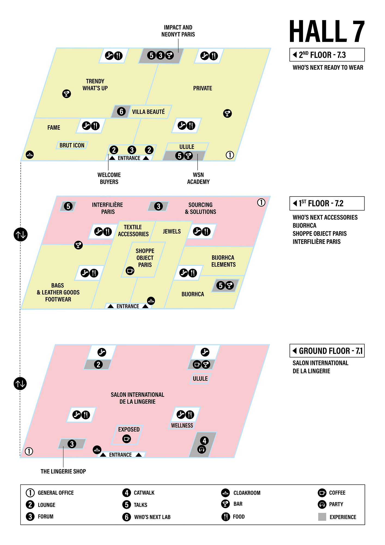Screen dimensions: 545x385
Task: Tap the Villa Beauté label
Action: tap(148, 112)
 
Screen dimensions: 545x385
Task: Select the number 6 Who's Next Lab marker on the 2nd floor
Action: tap(121, 111)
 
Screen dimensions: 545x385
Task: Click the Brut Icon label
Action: tap(72, 145)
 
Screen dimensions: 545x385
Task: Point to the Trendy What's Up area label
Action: tap(95, 85)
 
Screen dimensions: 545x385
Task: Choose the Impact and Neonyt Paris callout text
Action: tap(178, 31)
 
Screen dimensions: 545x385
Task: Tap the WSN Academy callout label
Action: tap(198, 178)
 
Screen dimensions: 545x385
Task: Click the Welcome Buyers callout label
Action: tap(109, 178)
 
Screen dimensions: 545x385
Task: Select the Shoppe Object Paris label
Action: tap(145, 258)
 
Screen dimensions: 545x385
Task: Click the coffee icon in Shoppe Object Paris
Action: tap(130, 271)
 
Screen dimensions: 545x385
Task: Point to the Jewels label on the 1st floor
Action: tap(172, 231)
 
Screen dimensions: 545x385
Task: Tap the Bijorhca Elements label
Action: tap(223, 261)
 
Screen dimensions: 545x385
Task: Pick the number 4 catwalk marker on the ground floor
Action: tap(204, 441)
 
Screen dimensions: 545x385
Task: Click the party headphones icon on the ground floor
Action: tap(202, 449)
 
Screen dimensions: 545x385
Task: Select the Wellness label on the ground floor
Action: tap(182, 425)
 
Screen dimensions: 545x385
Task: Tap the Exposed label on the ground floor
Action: tap(129, 429)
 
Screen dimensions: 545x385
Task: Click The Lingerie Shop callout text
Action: tap(63, 471)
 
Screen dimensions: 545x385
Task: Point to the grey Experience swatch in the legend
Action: tap(322, 517)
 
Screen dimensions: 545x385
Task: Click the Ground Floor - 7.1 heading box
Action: tap(327, 351)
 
